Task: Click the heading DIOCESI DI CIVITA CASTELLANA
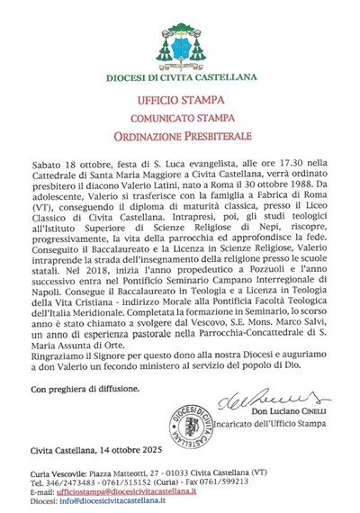pos(180,77)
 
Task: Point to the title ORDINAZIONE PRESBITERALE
pos(180,137)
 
